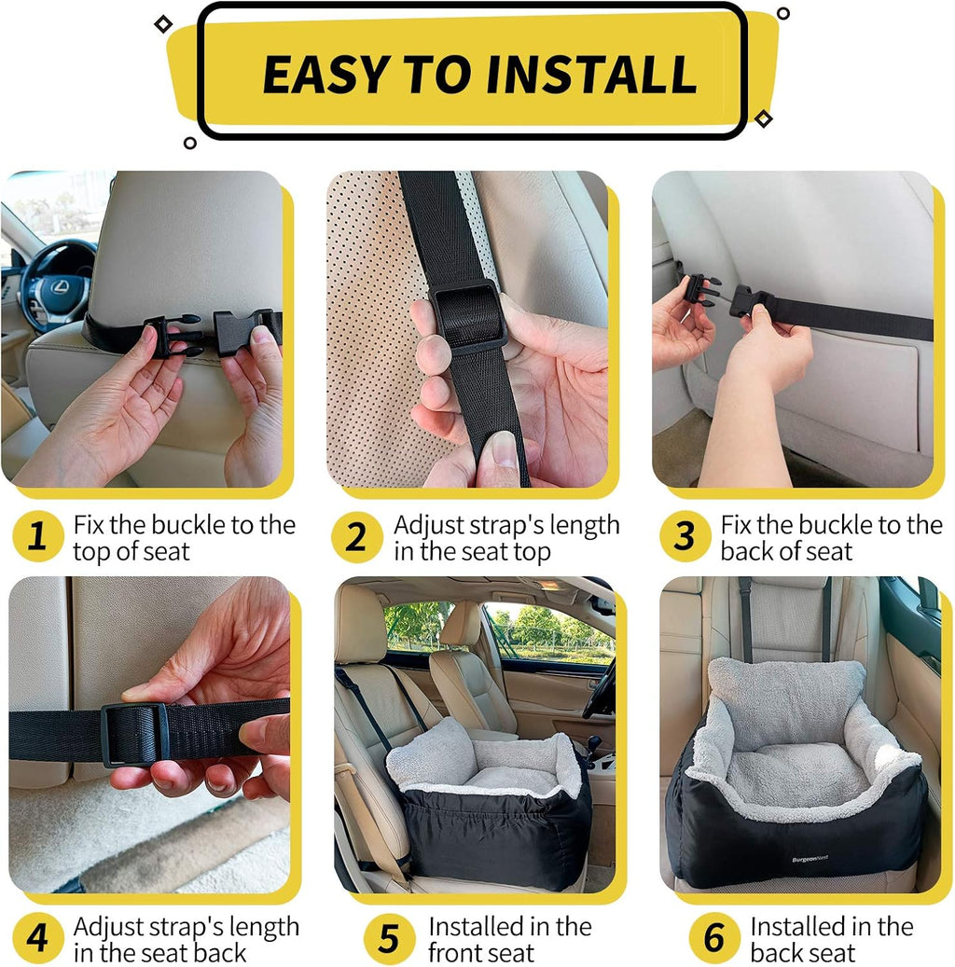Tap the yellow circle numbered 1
click(x=36, y=538)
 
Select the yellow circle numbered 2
click(x=356, y=538)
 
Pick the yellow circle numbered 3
click(x=685, y=538)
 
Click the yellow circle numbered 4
click(x=36, y=938)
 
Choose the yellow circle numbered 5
click(x=387, y=938)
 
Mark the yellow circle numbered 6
click(x=713, y=938)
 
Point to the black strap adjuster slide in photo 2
click(x=469, y=317)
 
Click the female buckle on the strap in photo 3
click(x=752, y=301)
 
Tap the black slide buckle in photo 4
click(x=136, y=733)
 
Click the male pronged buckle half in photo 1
click(x=173, y=335)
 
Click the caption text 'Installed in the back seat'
click(x=831, y=939)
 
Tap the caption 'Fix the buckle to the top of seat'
click(x=184, y=538)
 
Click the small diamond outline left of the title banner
click(x=163, y=23)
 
